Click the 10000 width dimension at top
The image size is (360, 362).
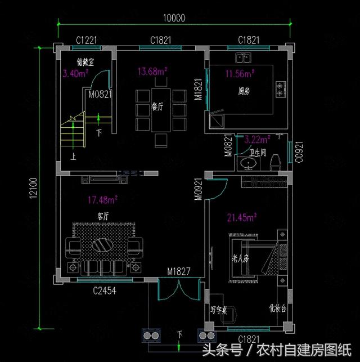(x=174, y=17)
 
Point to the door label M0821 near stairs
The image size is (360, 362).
(x=100, y=95)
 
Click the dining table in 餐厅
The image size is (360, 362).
(x=161, y=110)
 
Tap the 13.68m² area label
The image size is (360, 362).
(x=152, y=71)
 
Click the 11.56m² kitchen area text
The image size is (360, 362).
(x=240, y=73)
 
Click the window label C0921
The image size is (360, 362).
(x=300, y=152)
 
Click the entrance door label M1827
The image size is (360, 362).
(x=179, y=272)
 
